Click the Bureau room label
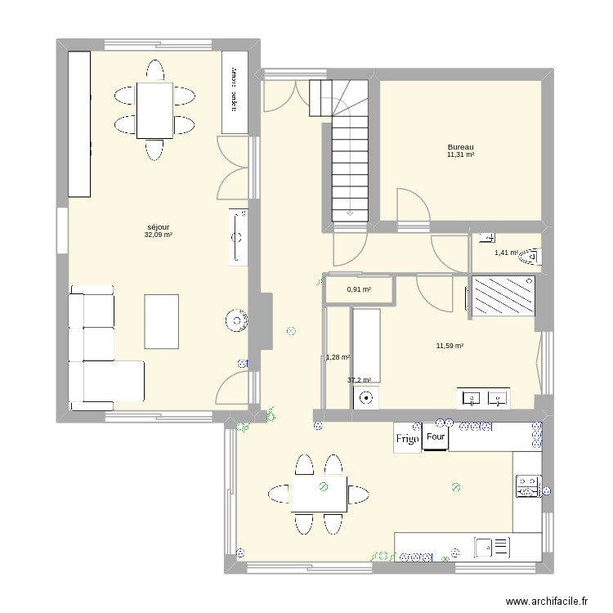(x=460, y=147)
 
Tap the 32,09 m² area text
(x=158, y=235)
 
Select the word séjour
(x=158, y=227)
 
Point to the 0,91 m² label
(x=359, y=289)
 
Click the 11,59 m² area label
(x=450, y=347)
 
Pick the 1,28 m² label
(x=338, y=357)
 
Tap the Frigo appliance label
(x=408, y=439)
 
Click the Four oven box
(x=435, y=437)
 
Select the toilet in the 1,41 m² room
(x=530, y=257)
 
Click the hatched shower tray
(x=503, y=296)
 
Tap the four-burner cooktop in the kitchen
(x=526, y=487)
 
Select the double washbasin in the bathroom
(x=485, y=398)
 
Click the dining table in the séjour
(x=154, y=110)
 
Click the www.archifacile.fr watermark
(x=547, y=601)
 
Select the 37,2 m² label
(x=359, y=380)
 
